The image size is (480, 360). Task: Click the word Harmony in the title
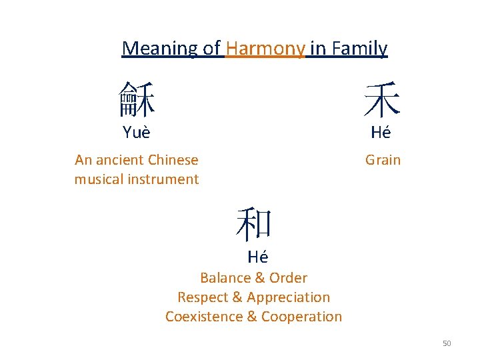(x=265, y=49)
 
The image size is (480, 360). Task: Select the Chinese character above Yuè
(x=137, y=100)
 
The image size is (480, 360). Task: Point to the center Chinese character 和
(x=254, y=224)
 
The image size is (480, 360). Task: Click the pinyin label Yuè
(x=137, y=133)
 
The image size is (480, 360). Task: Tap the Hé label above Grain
(x=381, y=133)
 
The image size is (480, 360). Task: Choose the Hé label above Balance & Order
(x=257, y=257)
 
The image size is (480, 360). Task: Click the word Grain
(x=383, y=160)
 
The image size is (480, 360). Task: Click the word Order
(x=289, y=278)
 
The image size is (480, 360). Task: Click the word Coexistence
(x=204, y=317)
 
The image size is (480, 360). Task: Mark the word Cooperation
(x=301, y=317)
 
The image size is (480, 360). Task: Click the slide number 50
(x=447, y=343)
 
